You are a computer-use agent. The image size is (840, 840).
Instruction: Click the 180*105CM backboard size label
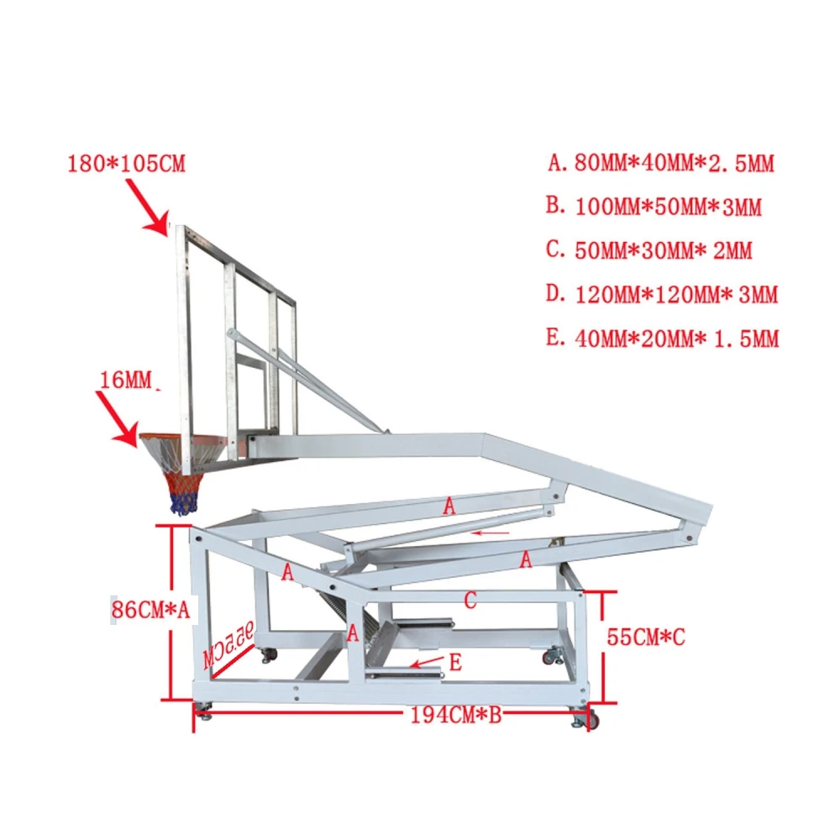(127, 164)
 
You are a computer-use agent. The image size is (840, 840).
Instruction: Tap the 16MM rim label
(126, 380)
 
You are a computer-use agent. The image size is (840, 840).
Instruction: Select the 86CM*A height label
(150, 610)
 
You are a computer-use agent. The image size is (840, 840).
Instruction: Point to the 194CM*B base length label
(456, 715)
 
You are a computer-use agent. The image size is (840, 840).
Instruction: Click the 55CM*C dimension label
(646, 637)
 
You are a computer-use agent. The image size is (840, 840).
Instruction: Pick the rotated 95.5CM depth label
(228, 644)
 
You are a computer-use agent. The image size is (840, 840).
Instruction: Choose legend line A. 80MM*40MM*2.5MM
(661, 163)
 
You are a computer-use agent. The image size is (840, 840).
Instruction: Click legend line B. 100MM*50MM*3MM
(654, 207)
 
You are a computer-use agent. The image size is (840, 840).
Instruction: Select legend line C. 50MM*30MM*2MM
(649, 250)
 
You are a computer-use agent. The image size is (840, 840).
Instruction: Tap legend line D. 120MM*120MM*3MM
(662, 295)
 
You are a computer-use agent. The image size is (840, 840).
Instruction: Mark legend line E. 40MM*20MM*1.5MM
(663, 339)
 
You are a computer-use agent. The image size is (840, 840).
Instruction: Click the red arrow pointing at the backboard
(147, 207)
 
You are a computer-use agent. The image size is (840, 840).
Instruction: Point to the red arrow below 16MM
(118, 419)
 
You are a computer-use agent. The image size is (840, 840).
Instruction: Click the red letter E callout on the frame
(455, 663)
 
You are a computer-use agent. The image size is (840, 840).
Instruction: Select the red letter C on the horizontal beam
(470, 600)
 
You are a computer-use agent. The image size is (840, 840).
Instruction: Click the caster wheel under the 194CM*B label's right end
(585, 718)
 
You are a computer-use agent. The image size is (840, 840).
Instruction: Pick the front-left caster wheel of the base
(203, 711)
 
